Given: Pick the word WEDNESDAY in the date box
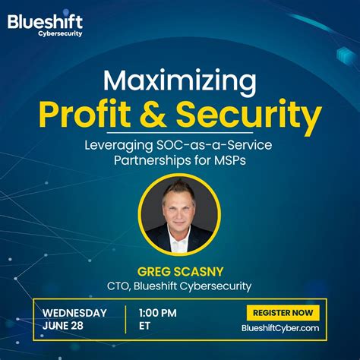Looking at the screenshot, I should coord(74,312).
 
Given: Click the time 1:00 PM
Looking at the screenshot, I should coord(157,312).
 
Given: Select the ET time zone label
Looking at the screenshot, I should coord(144,326).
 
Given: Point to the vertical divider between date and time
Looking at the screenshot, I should coord(125,319).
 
